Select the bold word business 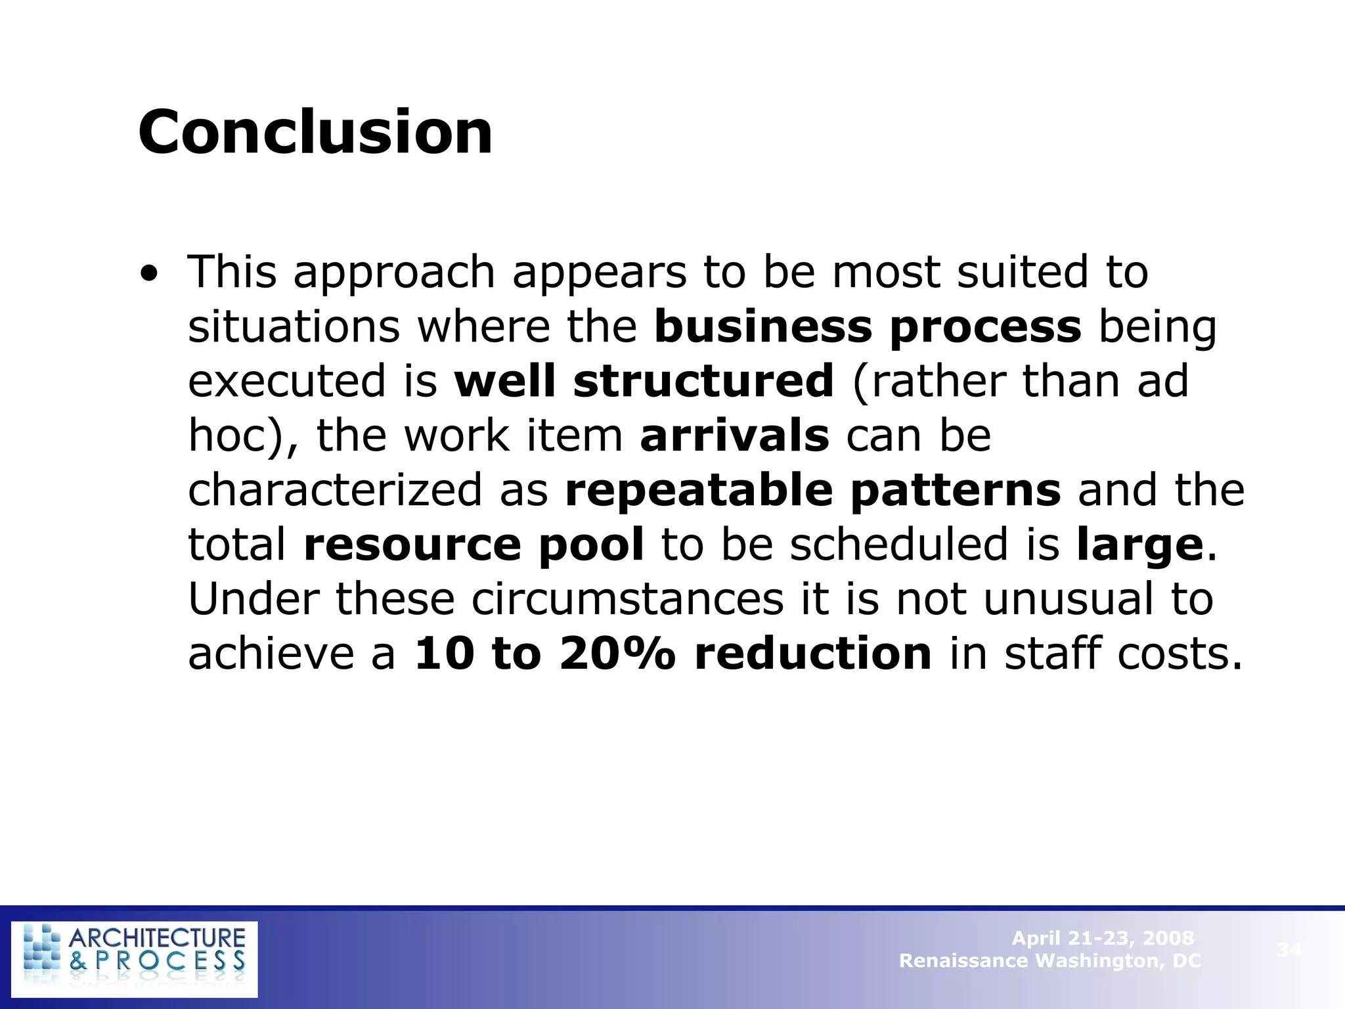click(x=762, y=326)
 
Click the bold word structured click(x=703, y=381)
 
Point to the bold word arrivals click(x=735, y=436)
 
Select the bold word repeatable click(x=699, y=491)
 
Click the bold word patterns click(x=956, y=491)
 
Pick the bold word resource click(x=412, y=545)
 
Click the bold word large click(x=1140, y=546)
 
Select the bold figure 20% click(x=617, y=654)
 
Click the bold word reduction click(x=813, y=654)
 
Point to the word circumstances click(x=627, y=599)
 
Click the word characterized click(x=335, y=490)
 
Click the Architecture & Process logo click(x=135, y=959)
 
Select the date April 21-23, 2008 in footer click(x=1103, y=938)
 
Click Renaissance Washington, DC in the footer click(x=1049, y=961)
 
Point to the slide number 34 click(x=1289, y=949)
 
